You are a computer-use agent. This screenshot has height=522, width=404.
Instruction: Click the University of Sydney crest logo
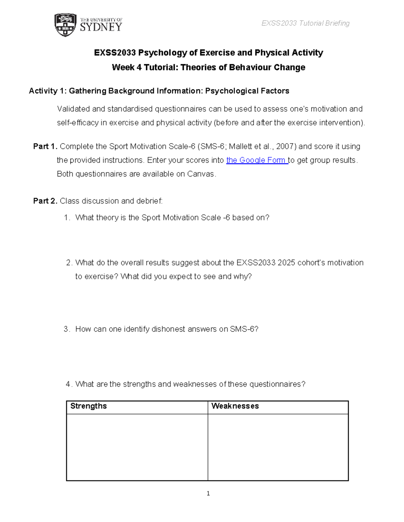pos(65,25)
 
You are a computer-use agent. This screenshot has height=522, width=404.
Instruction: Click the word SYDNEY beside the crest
pos(101,27)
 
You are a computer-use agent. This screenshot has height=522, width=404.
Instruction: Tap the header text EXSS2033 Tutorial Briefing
pos(305,23)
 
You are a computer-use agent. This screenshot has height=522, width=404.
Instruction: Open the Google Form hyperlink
pos(257,160)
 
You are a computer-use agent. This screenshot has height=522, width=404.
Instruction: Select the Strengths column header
pos(89,406)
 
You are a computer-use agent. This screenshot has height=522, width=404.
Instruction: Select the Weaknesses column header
pos(235,406)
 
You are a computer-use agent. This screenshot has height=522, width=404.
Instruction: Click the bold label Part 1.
pos(45,147)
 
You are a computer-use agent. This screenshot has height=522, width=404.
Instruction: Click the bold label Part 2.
pos(45,201)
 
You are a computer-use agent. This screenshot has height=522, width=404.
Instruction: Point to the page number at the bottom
pos(208,493)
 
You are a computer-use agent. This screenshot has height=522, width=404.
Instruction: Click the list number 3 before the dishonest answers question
pos(66,329)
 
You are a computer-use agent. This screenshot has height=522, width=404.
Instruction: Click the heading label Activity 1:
pos(47,91)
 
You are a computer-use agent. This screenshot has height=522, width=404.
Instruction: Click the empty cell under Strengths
pos(137,447)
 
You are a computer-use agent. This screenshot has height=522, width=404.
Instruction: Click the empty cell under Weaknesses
pos(278,447)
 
